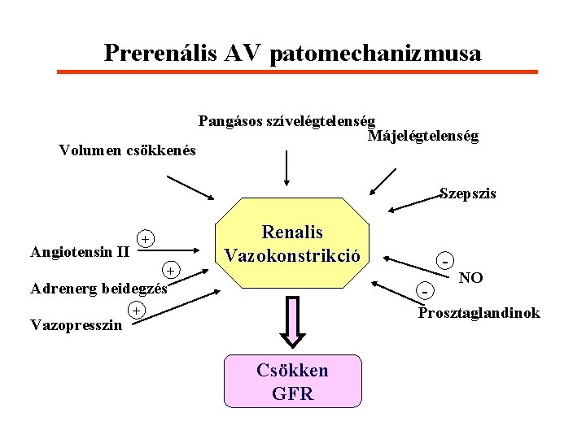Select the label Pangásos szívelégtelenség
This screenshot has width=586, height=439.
click(286, 122)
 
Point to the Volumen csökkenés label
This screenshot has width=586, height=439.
click(128, 150)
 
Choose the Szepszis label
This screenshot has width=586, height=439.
click(467, 193)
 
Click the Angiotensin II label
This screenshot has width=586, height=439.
click(80, 251)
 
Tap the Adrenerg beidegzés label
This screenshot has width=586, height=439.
click(98, 288)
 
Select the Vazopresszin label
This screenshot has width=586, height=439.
click(76, 325)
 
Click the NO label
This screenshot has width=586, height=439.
click(470, 278)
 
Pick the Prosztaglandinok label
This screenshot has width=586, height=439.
click(479, 313)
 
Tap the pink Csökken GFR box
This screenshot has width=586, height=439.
click(292, 381)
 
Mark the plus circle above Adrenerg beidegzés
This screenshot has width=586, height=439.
click(170, 270)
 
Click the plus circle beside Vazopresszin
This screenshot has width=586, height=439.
click(137, 311)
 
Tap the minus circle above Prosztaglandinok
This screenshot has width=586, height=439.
click(425, 289)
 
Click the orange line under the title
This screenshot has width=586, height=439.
click(296, 72)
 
